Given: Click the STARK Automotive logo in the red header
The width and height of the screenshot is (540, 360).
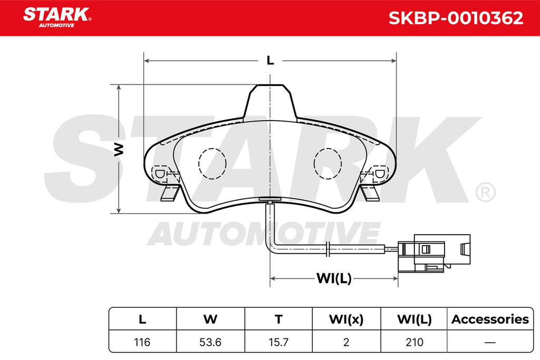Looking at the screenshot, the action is pyautogui.click(x=57, y=17).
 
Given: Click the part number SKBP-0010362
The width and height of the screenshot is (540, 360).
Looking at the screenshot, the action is pyautogui.click(x=456, y=18).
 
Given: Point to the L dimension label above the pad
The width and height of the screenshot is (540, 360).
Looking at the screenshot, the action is pyautogui.click(x=271, y=61).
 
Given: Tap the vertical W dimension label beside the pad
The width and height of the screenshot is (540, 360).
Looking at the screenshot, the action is pyautogui.click(x=119, y=149).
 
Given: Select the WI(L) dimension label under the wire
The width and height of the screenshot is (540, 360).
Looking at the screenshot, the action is pyautogui.click(x=334, y=278).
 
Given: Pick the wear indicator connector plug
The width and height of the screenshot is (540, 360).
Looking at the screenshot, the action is pyautogui.click(x=434, y=253).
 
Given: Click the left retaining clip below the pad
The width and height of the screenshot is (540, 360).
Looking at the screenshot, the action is pyautogui.click(x=170, y=193).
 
